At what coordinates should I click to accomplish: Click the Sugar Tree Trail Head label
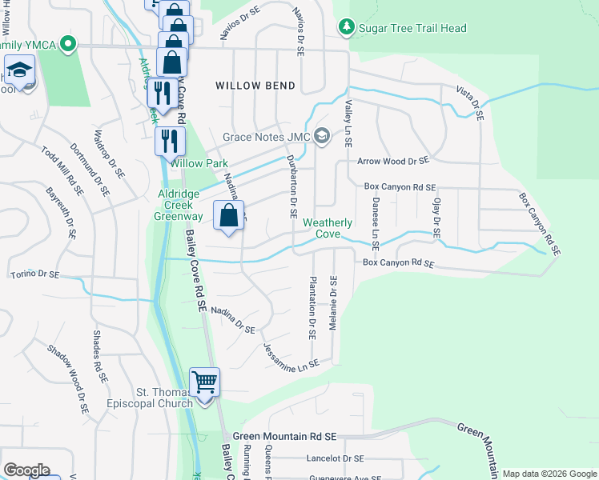pyautogui.click(x=412, y=28)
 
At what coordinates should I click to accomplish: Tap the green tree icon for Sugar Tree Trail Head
pyautogui.click(x=346, y=28)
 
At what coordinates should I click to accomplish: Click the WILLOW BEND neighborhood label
pyautogui.click(x=255, y=85)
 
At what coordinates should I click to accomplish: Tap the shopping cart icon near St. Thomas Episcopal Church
pyautogui.click(x=204, y=382)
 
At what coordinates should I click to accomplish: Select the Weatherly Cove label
pyautogui.click(x=322, y=228)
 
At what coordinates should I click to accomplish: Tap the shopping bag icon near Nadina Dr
pyautogui.click(x=228, y=215)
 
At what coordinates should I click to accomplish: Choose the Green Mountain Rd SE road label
pyautogui.click(x=287, y=437)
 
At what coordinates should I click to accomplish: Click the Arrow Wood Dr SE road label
pyautogui.click(x=393, y=162)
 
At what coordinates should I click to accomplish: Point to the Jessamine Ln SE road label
pyautogui.click(x=291, y=355)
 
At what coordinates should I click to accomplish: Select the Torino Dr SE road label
pyautogui.click(x=34, y=274)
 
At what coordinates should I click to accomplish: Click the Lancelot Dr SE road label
pyautogui.click(x=335, y=459)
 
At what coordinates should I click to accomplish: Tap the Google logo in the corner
pyautogui.click(x=26, y=470)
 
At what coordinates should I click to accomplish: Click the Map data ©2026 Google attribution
pyautogui.click(x=549, y=474)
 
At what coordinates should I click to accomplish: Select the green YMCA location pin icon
pyautogui.click(x=69, y=44)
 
